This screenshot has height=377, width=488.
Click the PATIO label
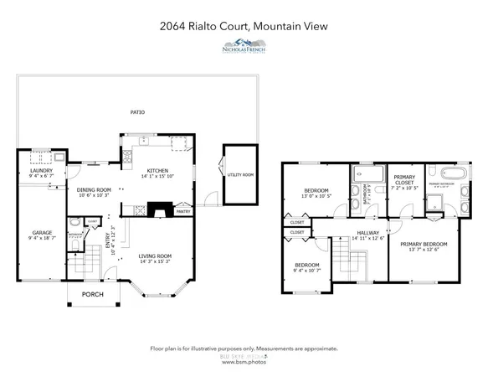(x=136, y=111)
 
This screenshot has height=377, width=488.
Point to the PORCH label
(x=92, y=295)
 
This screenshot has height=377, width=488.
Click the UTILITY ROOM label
(x=239, y=174)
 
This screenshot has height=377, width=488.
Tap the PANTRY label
(x=182, y=211)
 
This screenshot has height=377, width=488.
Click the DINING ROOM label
(x=95, y=189)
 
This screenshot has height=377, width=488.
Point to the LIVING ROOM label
(x=155, y=256)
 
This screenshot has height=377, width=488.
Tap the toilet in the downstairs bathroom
(x=76, y=225)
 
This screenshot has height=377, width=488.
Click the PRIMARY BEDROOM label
(x=418, y=243)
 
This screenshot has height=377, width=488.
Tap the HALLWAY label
(x=368, y=233)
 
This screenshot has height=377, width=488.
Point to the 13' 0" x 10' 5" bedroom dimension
(x=316, y=196)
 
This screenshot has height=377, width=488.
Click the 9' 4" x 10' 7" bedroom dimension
(x=306, y=271)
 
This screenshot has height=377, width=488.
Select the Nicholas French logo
(x=244, y=47)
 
